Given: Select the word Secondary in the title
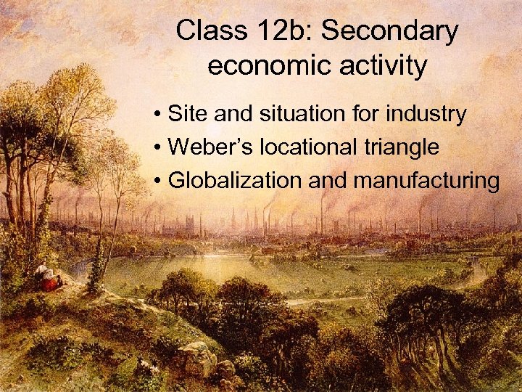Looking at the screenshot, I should (x=392, y=31).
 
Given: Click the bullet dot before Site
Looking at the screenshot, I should (x=157, y=115).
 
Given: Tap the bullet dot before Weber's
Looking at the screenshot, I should (x=157, y=148).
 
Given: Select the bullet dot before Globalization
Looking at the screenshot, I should (x=157, y=181).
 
